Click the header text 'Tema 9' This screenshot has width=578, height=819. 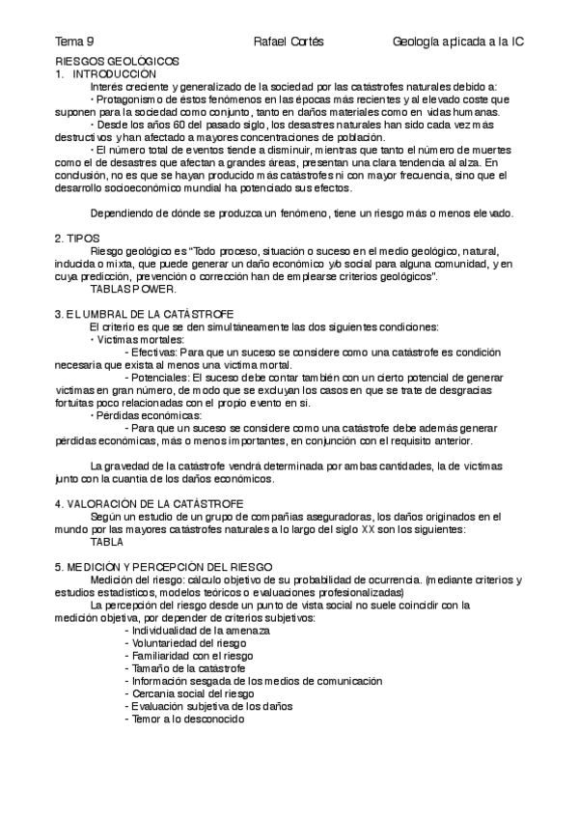(x=74, y=42)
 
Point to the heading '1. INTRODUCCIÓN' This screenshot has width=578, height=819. (x=104, y=73)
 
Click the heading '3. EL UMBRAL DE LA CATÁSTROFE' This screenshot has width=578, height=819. (x=143, y=315)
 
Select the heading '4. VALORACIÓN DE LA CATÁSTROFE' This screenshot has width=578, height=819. (x=149, y=503)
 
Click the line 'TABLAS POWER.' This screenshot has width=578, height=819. (x=133, y=289)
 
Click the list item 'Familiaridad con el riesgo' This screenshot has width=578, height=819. (x=189, y=655)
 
